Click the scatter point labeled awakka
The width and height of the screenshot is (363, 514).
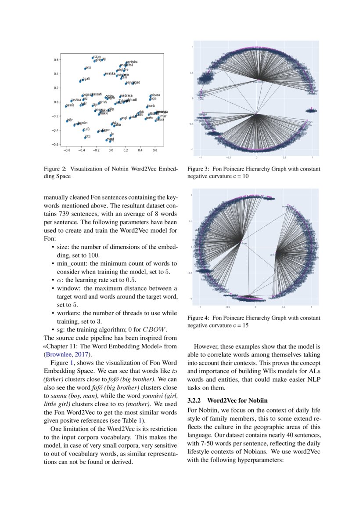104,75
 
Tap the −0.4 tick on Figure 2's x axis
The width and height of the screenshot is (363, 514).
81,150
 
